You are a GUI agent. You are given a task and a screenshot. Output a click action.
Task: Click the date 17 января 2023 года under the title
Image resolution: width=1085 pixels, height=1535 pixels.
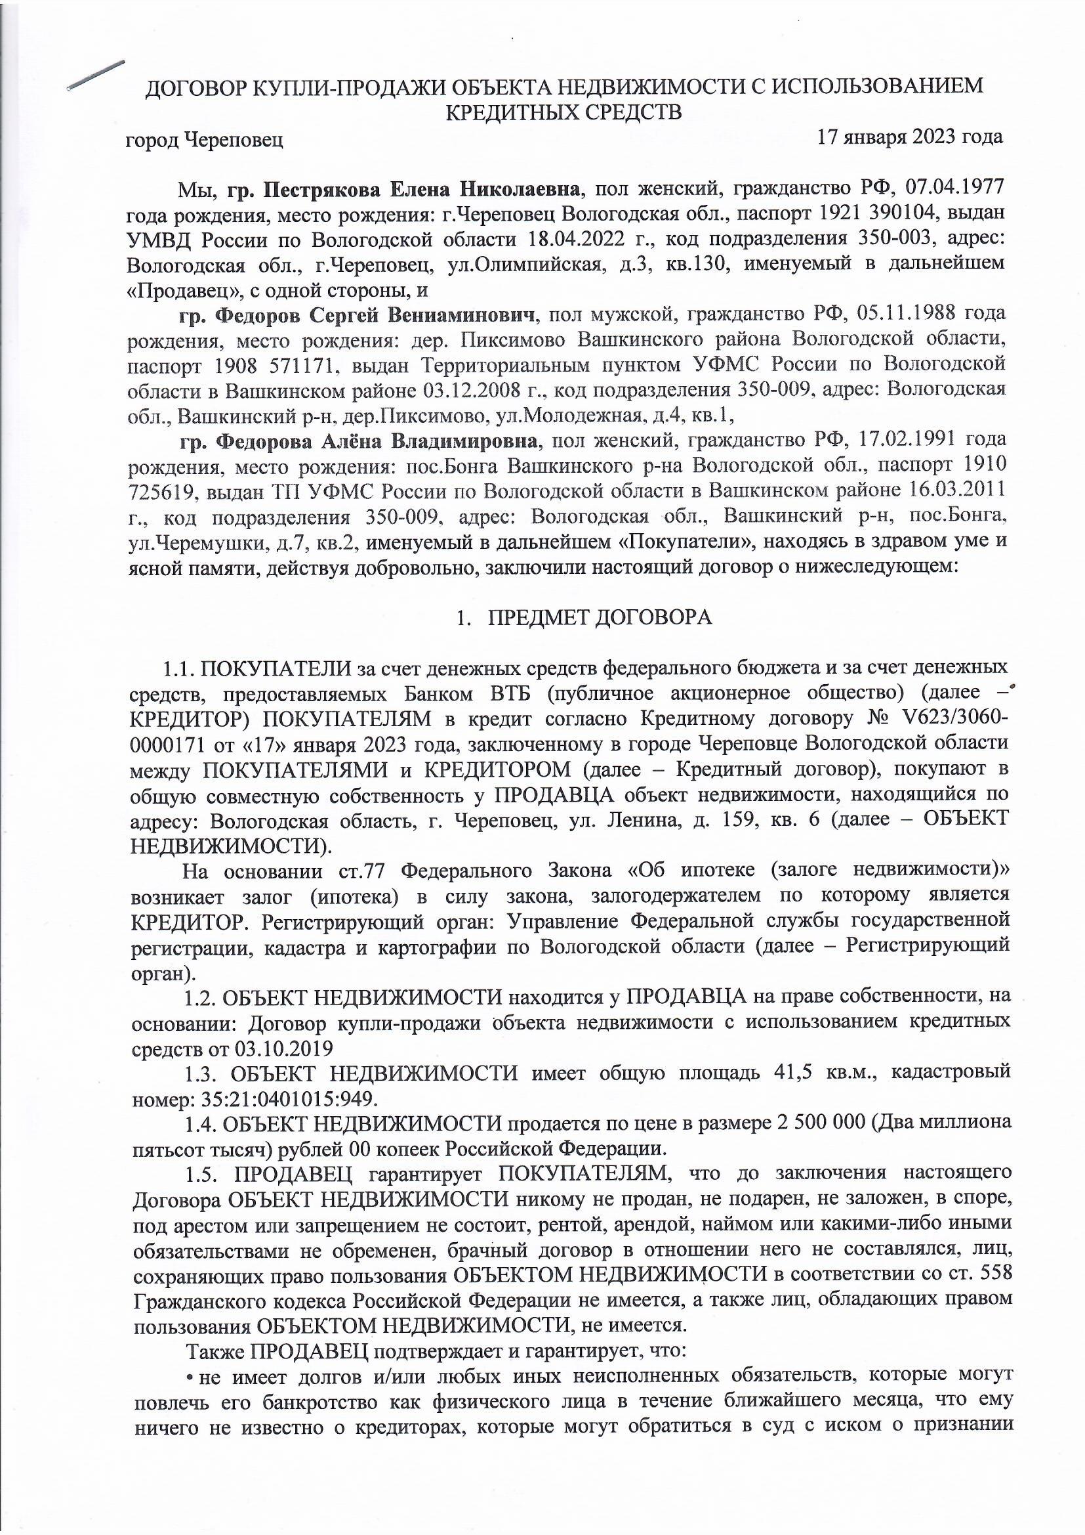point(909,138)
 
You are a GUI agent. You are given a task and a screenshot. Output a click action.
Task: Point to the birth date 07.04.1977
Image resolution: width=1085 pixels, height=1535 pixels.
point(956,189)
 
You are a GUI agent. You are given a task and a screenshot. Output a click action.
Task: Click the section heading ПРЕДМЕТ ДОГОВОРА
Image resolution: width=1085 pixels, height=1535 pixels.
point(600,618)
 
